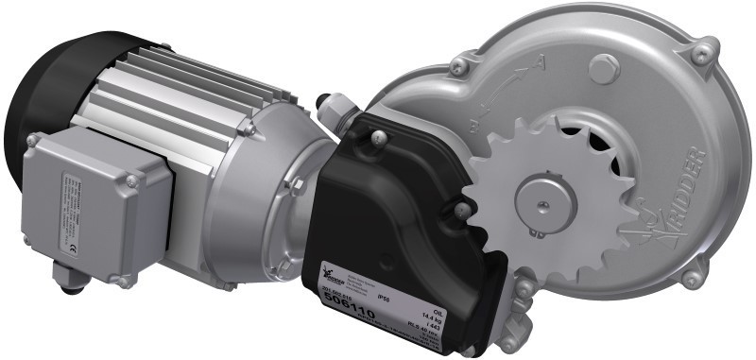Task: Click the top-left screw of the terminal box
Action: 34,140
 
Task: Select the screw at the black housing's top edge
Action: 377,139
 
